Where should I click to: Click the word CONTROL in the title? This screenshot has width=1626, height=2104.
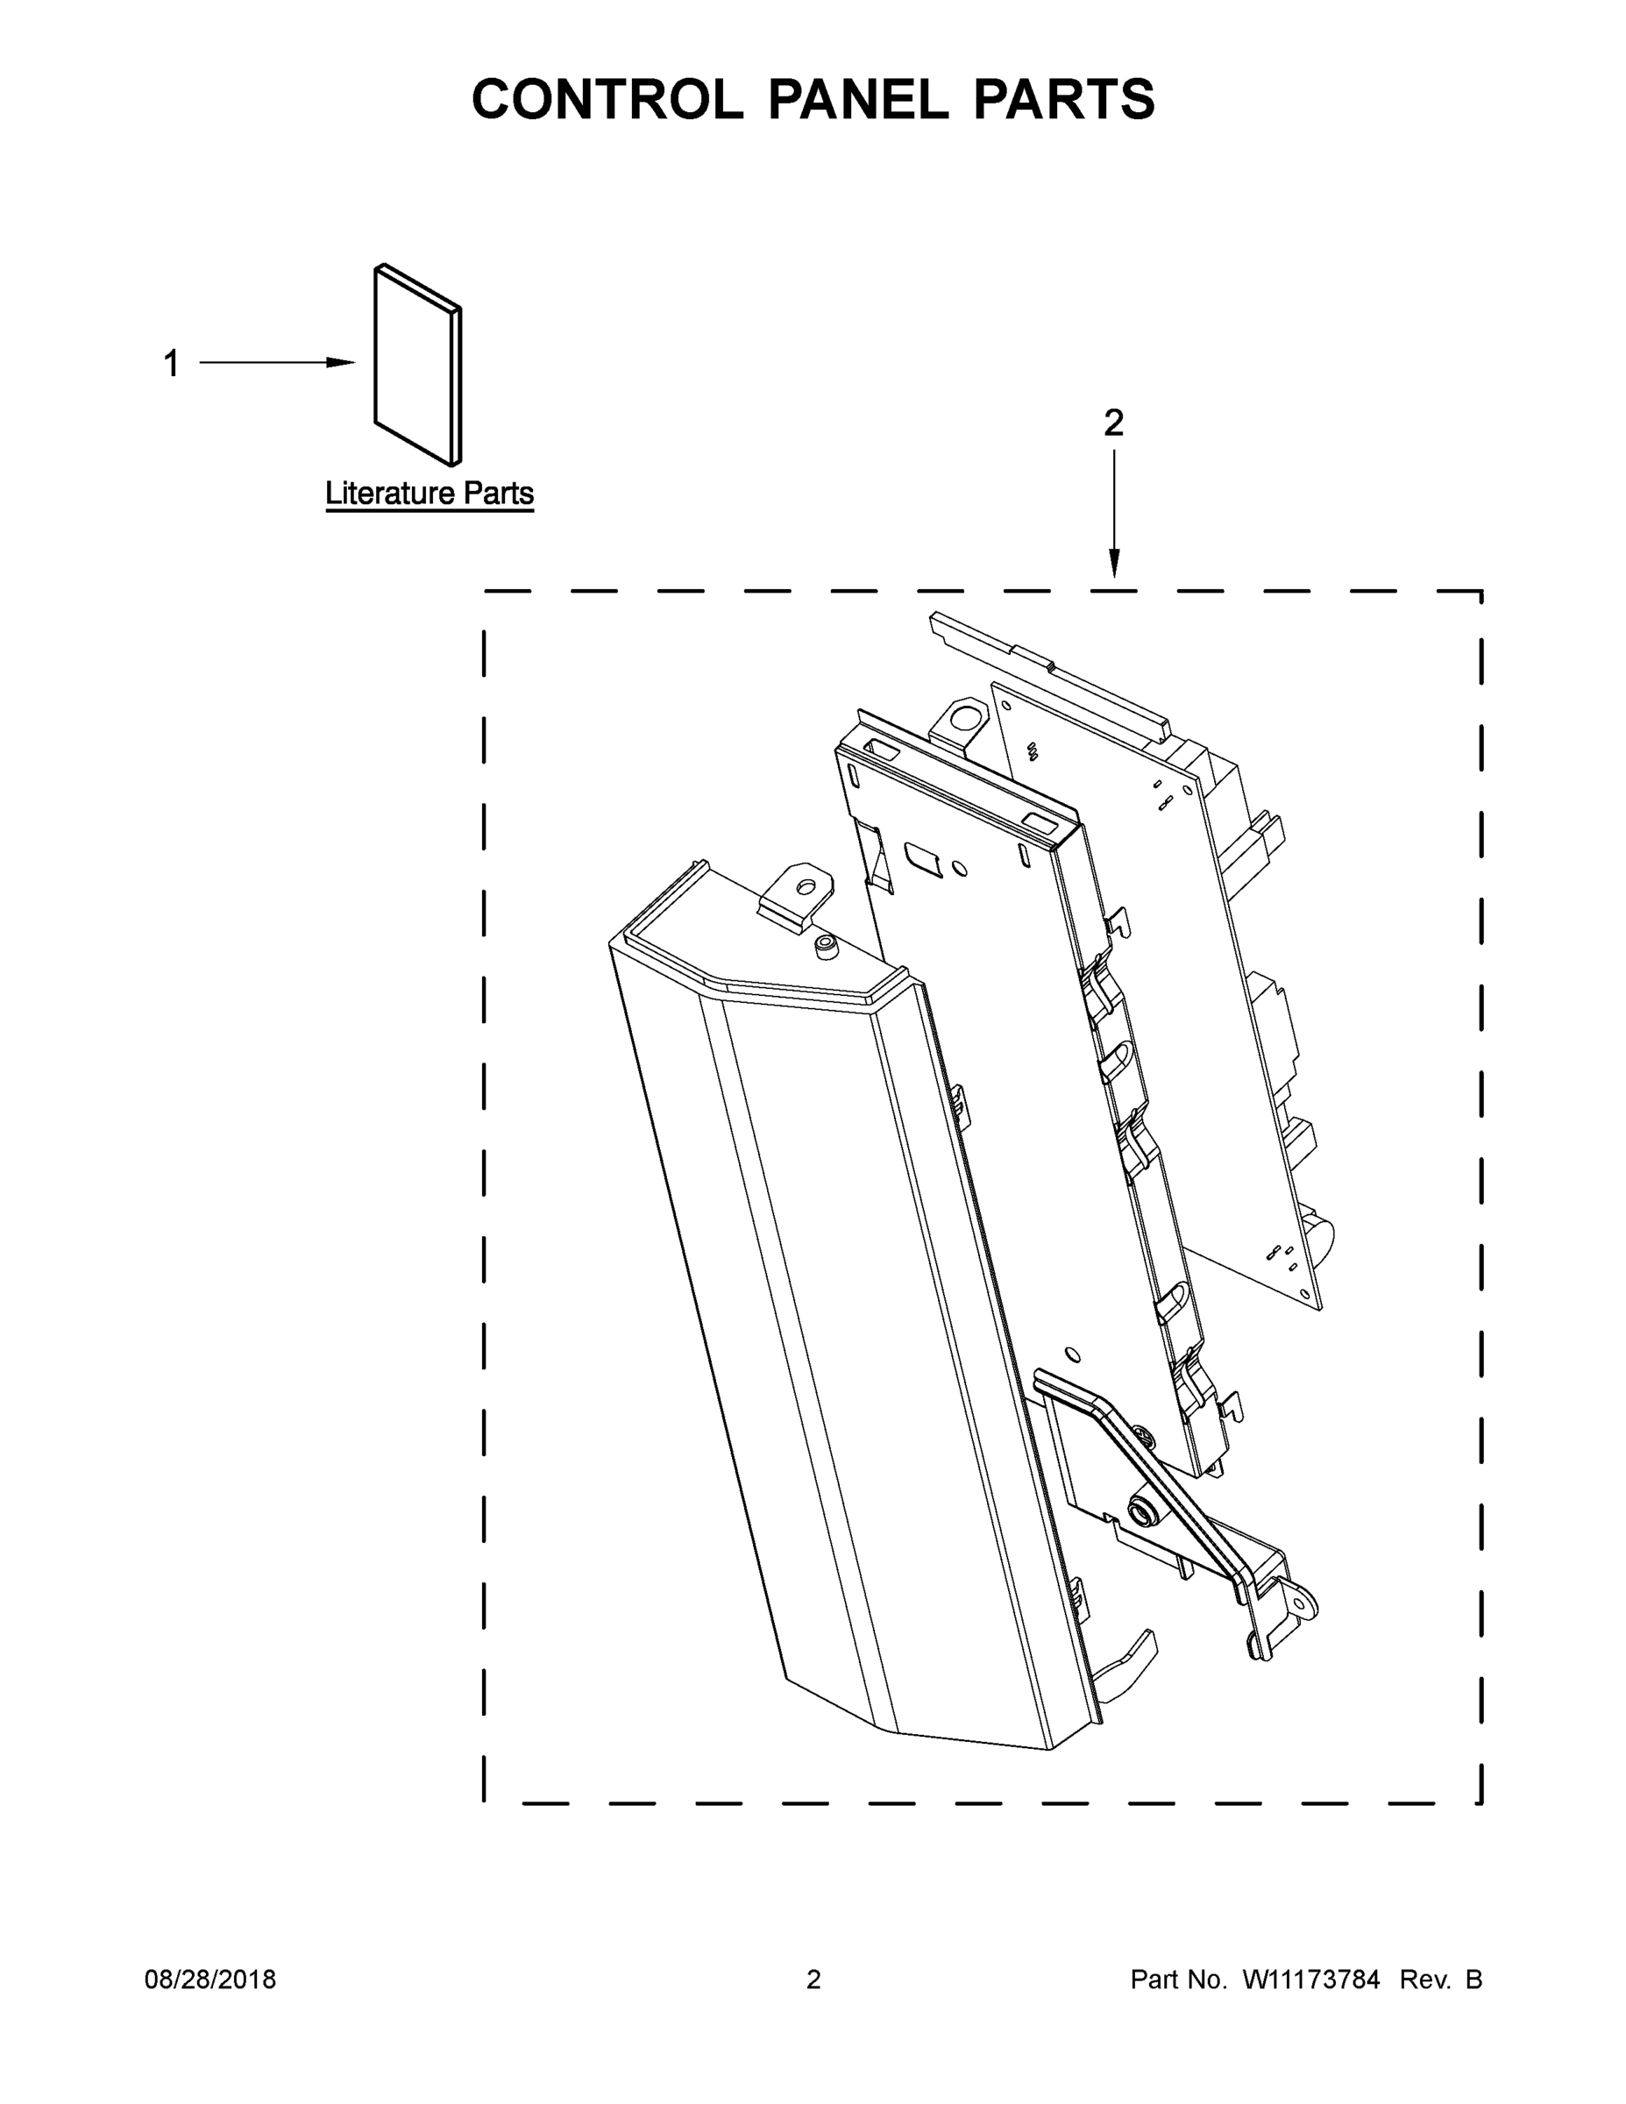[x=607, y=99]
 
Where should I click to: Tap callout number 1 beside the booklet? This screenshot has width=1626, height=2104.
[x=172, y=364]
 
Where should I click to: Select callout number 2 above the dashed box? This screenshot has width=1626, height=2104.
[x=1113, y=423]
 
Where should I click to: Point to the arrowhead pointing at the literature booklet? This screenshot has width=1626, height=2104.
[x=340, y=363]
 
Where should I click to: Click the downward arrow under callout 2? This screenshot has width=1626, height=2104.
[x=1114, y=563]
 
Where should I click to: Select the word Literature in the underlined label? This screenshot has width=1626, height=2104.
[x=390, y=494]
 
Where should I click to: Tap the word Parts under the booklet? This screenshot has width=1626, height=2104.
[x=498, y=494]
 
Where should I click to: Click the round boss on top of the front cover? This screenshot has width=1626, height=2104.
[x=824, y=948]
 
